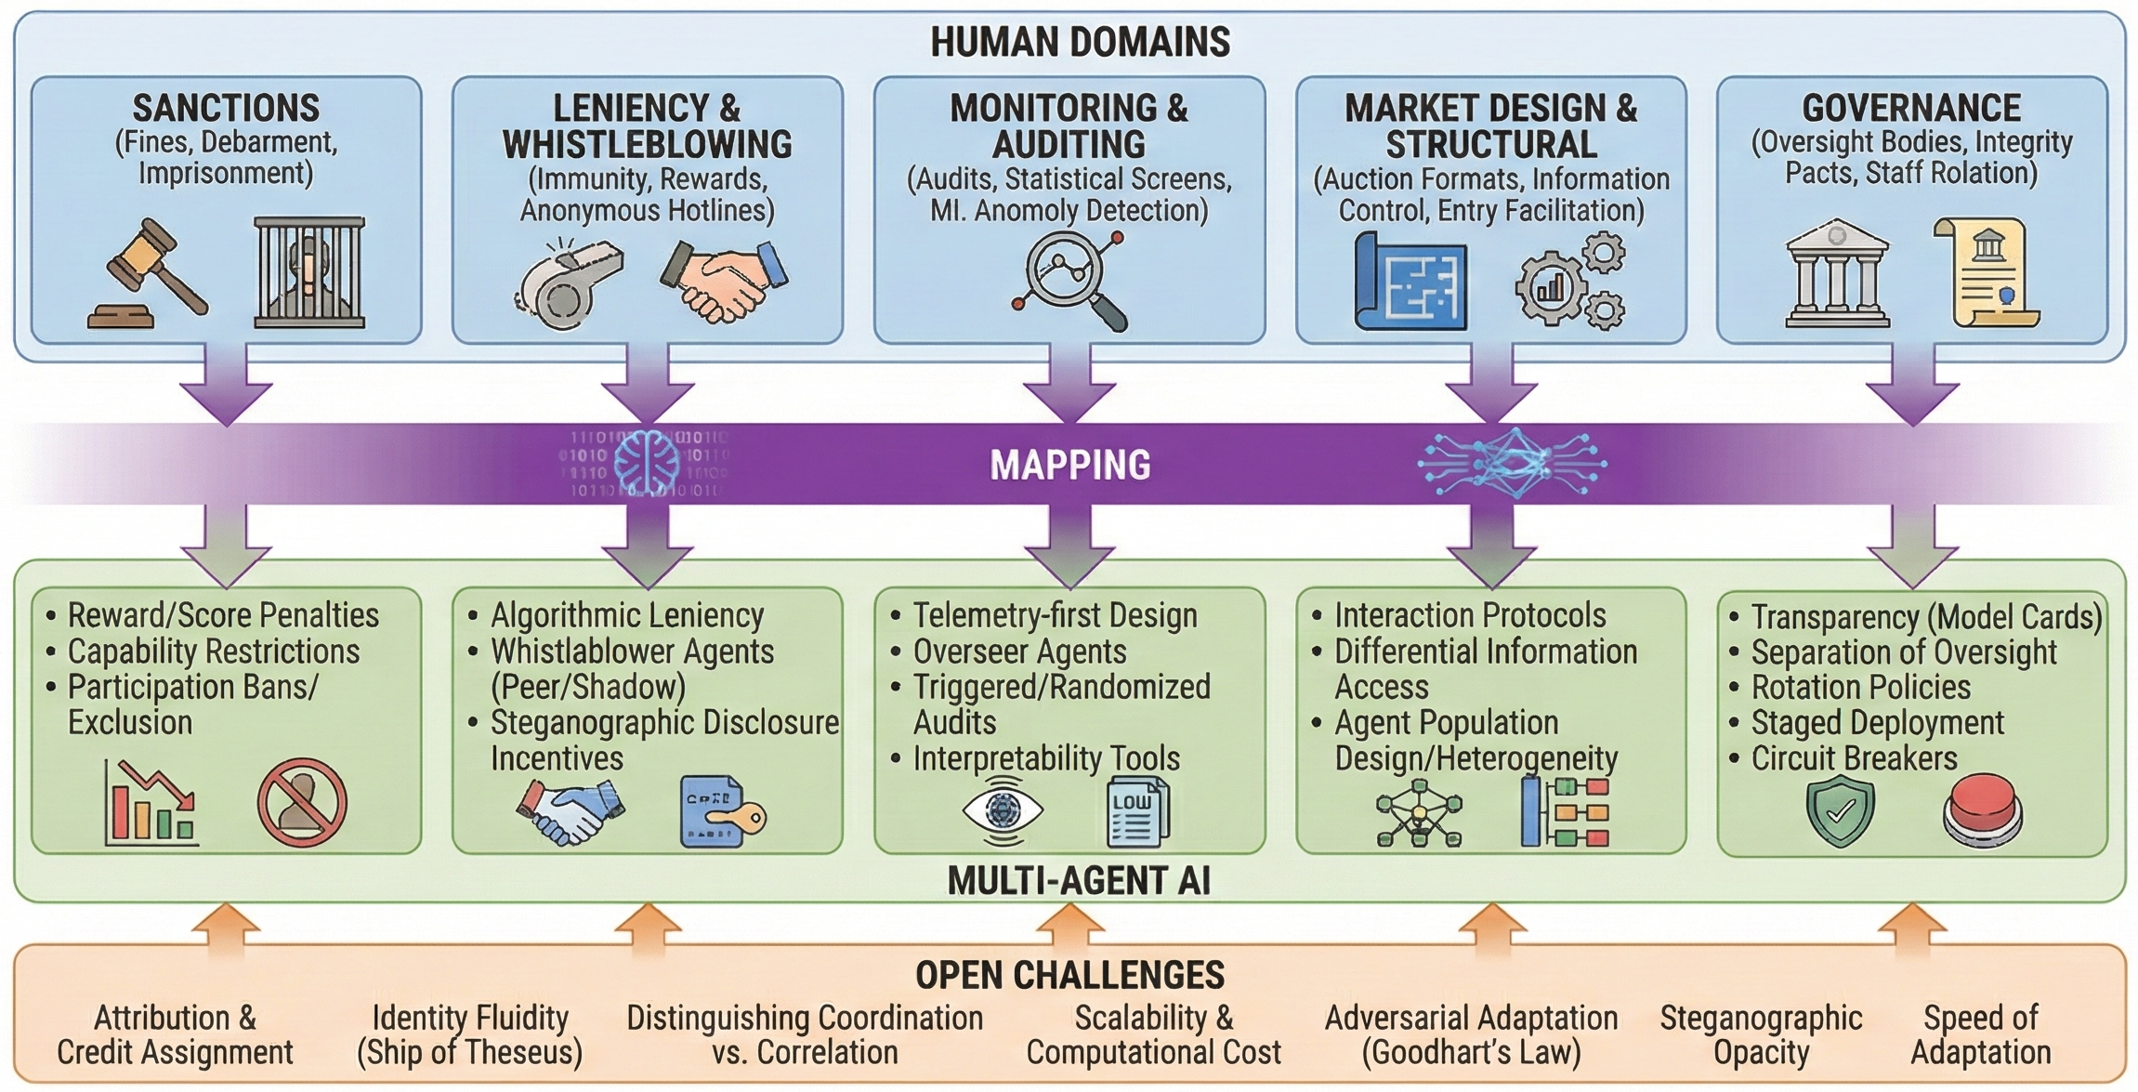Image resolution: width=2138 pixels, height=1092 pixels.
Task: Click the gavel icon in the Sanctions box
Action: click(x=149, y=275)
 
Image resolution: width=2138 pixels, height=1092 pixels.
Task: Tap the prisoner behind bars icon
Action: click(x=309, y=273)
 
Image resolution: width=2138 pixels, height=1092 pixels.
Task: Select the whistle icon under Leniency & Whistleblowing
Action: click(x=568, y=284)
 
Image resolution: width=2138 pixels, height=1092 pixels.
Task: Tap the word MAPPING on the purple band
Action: click(x=1069, y=465)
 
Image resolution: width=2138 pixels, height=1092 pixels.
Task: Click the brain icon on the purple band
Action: click(x=647, y=463)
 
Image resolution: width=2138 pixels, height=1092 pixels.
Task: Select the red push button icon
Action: click(x=1982, y=810)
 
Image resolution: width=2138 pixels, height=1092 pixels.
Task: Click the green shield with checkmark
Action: click(x=1840, y=812)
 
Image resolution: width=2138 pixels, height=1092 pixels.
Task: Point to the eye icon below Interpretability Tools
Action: click(x=1003, y=810)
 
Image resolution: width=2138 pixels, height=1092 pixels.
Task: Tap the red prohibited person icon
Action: click(x=302, y=803)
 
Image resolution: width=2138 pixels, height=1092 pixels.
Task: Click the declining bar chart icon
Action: click(x=151, y=804)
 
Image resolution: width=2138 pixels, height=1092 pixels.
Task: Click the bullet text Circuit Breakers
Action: click(x=1854, y=759)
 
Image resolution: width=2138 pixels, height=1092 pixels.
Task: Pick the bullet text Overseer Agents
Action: click(x=1019, y=651)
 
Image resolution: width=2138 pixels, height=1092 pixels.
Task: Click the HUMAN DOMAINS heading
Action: click(x=1080, y=43)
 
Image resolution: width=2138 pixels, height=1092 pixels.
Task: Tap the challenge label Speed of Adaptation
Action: click(x=1980, y=1035)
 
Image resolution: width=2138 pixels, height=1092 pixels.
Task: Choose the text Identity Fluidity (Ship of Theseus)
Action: click(x=469, y=1035)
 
